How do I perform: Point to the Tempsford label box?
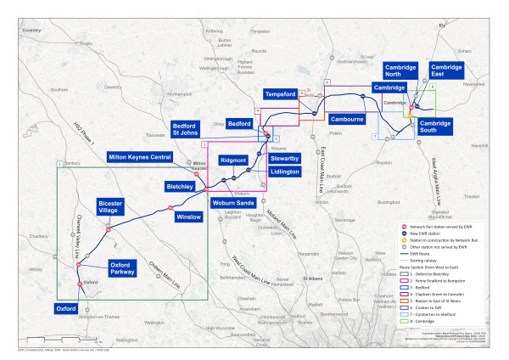(280, 93)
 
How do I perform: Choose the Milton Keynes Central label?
(148, 157)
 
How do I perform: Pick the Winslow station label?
(188, 217)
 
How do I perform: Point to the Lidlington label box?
(284, 172)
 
